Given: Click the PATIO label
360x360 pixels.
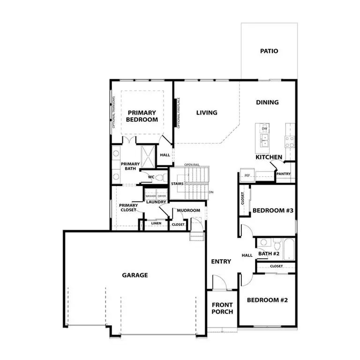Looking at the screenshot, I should pyautogui.click(x=269, y=51).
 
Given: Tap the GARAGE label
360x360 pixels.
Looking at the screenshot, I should pyautogui.click(x=135, y=275).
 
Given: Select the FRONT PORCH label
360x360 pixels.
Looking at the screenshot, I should pyautogui.click(x=222, y=308).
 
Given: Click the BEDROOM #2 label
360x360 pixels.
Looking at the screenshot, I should pyautogui.click(x=267, y=300).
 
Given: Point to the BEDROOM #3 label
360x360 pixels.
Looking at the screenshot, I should pyautogui.click(x=273, y=211).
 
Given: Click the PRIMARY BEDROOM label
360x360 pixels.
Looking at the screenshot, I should pyautogui.click(x=142, y=116).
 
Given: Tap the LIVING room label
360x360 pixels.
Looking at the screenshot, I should pyautogui.click(x=207, y=112).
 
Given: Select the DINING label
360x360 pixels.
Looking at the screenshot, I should pyautogui.click(x=267, y=102).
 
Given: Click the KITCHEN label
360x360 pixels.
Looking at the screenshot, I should pyautogui.click(x=269, y=157).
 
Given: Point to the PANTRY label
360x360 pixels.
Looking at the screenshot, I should pyautogui.click(x=284, y=174).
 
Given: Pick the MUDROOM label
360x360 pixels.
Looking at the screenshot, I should pyautogui.click(x=188, y=210).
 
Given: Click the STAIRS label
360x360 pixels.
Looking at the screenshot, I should pyautogui.click(x=177, y=184).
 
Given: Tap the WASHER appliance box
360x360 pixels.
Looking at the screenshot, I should pyautogui.click(x=150, y=196).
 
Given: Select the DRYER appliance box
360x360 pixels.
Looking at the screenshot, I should pyautogui.click(x=162, y=196).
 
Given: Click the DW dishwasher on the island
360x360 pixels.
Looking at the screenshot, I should pyautogui.click(x=264, y=128).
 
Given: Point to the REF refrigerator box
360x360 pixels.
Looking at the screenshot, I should pyautogui.click(x=247, y=175).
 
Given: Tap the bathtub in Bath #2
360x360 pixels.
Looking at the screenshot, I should pyautogui.click(x=288, y=249).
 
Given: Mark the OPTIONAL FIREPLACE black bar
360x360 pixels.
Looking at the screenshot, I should pyautogui.click(x=178, y=113).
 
